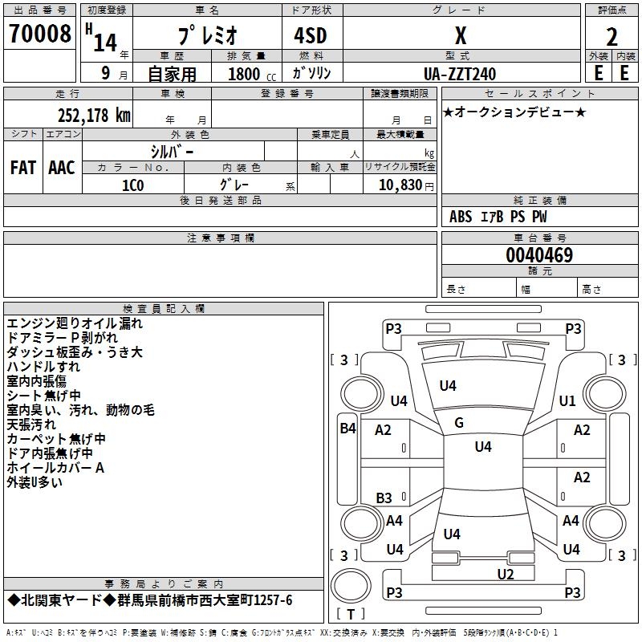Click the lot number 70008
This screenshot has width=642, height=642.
(40, 34)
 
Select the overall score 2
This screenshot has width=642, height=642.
(612, 37)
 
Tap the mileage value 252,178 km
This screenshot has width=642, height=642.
(94, 116)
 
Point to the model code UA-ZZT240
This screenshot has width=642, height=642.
(460, 74)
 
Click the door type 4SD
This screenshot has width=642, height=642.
(311, 35)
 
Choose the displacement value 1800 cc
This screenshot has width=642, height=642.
(252, 74)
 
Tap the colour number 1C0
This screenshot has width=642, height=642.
(133, 185)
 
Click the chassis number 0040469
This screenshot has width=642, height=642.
(539, 255)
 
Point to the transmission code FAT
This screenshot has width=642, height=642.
(23, 168)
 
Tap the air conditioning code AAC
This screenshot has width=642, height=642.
(62, 168)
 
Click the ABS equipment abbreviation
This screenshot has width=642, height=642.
(461, 217)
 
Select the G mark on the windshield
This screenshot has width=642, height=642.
(459, 423)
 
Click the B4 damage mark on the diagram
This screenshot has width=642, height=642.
(347, 429)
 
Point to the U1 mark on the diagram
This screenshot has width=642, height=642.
(567, 400)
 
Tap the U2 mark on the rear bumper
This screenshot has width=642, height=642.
(506, 575)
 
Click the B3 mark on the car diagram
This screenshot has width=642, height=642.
(384, 498)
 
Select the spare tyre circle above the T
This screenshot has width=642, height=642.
(351, 586)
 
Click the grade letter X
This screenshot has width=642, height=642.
(461, 35)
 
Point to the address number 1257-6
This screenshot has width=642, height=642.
(273, 600)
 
